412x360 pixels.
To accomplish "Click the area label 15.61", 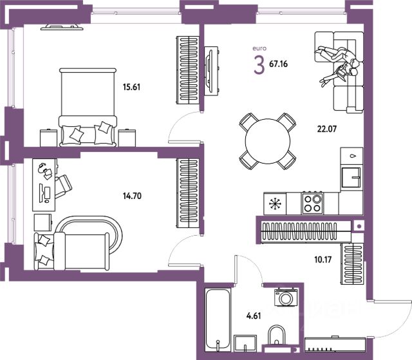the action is pos(131,87).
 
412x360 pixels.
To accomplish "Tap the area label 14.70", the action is pos(132,196).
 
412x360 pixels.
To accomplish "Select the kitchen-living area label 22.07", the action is pos(327,129).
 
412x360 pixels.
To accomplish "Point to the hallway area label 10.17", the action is pos(323,260).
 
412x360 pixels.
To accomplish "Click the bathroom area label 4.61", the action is pos(254,316).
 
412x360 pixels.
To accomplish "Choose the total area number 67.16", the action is pos(279,64).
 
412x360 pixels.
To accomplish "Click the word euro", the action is pos(259,48).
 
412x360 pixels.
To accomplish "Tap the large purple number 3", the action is pos(259,66).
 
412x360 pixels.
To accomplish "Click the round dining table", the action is pos(268,142).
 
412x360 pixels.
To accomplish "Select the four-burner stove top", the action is pos(312,203).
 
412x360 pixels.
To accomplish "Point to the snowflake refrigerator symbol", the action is pos(275,204).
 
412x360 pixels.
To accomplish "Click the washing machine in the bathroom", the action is pos(286,297).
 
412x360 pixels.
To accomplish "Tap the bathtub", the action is pos(218,317).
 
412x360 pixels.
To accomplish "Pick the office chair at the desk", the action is pos(63,186).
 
